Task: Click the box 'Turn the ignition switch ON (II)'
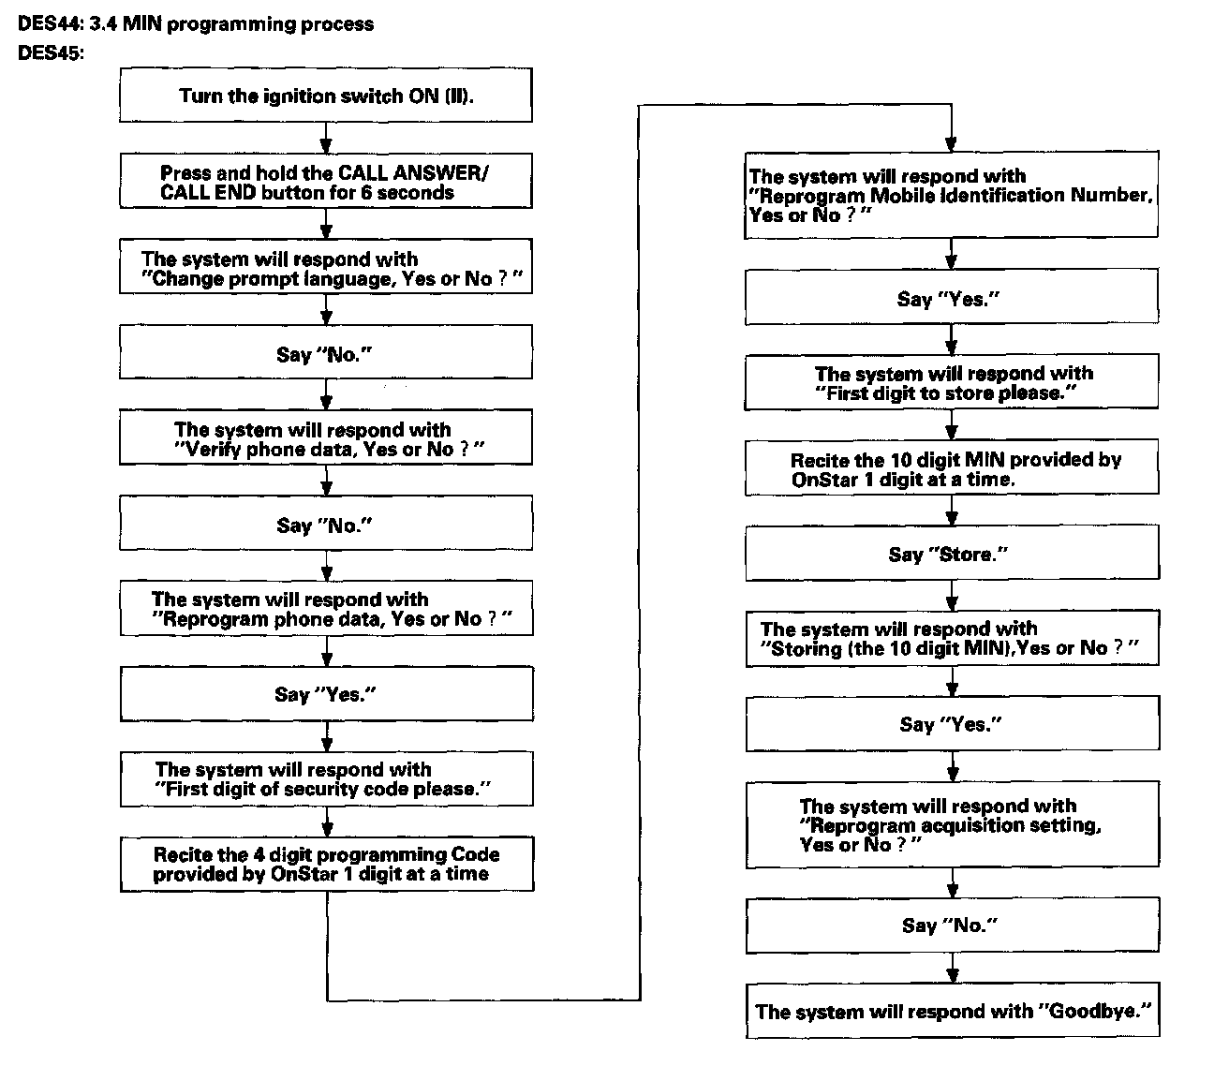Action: pos(326,96)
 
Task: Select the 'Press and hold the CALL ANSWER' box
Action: pos(326,182)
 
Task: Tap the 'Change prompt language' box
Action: pos(326,269)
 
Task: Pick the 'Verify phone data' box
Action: pos(326,439)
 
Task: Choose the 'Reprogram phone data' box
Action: pos(326,609)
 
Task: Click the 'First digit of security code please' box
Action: pos(326,779)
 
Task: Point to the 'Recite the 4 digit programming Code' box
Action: pos(326,864)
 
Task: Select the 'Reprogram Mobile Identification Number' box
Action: pos(952,195)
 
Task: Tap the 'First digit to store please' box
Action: pos(952,383)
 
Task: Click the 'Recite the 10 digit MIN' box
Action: pos(952,468)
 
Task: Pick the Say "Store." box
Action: pos(952,555)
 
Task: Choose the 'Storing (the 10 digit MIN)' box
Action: pos(952,639)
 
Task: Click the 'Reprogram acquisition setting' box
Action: pos(952,824)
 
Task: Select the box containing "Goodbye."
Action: pos(952,1012)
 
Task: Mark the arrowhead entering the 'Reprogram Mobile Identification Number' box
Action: pos(952,145)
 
